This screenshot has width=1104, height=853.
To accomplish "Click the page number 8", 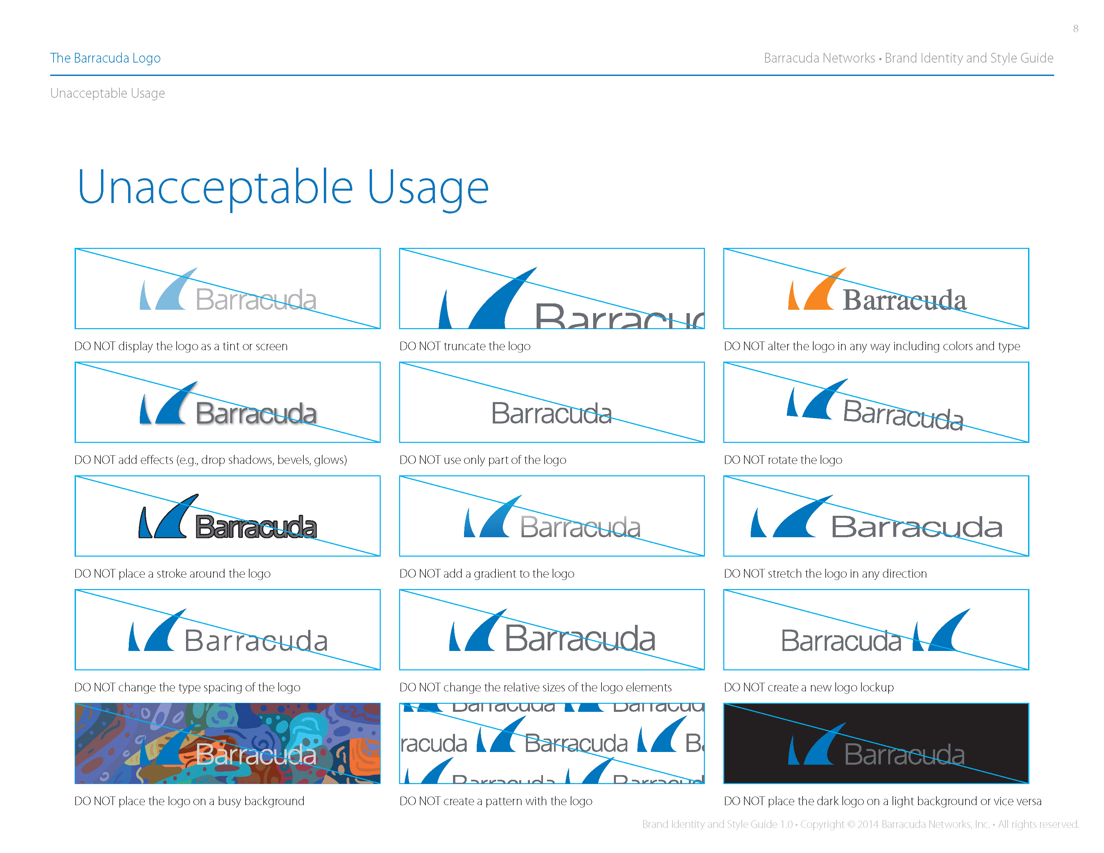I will coord(1076,29).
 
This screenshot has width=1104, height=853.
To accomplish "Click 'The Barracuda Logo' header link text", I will coord(105,58).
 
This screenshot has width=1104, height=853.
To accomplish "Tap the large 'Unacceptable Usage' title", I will coord(283,187).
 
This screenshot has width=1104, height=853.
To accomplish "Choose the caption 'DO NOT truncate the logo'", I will coord(465,346).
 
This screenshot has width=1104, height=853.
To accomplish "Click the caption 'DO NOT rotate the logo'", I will coord(783,460).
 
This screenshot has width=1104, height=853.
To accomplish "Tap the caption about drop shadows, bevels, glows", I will coord(210,460).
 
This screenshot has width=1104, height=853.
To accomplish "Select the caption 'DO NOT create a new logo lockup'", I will coord(808,687).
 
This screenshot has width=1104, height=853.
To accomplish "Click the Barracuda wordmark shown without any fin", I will coord(551,413).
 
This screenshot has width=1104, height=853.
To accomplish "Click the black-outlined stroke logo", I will coord(227,518).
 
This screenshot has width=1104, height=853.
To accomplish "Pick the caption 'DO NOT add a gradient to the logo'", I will coord(486,574).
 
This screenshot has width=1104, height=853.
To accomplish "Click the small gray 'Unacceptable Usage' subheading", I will coord(107,93).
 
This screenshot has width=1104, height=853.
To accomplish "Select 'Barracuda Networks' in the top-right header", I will coord(819,58).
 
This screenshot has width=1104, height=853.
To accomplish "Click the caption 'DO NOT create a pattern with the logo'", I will coord(495,801).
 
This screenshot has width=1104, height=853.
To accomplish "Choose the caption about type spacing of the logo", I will coord(187,687).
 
